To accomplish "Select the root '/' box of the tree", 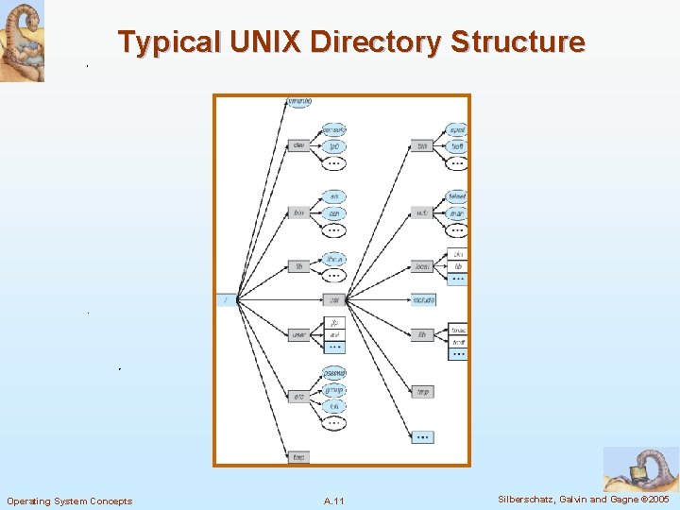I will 227,300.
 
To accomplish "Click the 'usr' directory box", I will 333,300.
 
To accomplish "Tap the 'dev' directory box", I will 298,145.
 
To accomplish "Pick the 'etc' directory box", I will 298,398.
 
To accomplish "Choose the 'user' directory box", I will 298,334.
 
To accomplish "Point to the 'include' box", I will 423,300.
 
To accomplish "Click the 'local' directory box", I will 423,267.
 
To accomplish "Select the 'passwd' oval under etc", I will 334,373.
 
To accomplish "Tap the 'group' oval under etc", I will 334,390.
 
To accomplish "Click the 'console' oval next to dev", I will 334,129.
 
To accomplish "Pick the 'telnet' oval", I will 458,196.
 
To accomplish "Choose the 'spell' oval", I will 458,129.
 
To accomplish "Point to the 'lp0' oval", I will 334,146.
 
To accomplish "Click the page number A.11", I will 333,501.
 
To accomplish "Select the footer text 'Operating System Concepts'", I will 70,501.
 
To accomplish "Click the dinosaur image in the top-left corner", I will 22,41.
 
